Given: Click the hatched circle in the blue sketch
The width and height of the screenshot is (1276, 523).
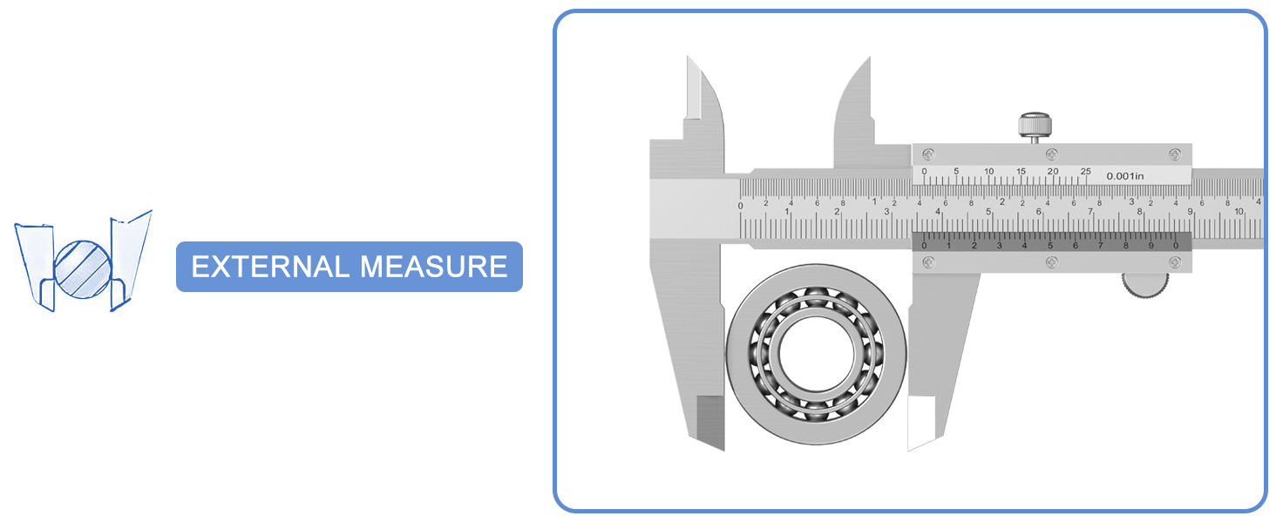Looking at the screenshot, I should coord(83,267).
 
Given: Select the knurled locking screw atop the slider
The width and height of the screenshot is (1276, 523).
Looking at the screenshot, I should coord(1035,126).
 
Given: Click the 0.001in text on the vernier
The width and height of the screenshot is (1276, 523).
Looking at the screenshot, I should coord(1124,176).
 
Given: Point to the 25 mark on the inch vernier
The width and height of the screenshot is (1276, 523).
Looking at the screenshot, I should coord(1085,172).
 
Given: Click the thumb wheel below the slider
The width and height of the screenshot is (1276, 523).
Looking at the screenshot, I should coord(1144,286).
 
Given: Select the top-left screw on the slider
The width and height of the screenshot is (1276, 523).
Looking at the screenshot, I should coord(927,154).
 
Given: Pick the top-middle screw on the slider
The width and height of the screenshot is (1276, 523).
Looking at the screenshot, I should coord(1052,154).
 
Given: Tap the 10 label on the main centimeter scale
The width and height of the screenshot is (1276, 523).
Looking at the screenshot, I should coord(1239,212).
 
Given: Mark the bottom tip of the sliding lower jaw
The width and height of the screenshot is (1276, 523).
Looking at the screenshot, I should coord(911,448).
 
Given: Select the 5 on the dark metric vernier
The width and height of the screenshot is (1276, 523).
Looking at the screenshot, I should coord(1050,246).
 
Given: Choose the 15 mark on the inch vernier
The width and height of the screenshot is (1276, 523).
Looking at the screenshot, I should coord(1021,172).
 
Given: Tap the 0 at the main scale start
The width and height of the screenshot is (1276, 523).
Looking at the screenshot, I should coord(741,207).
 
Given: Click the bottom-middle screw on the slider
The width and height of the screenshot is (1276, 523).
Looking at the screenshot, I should coord(1052,261).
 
